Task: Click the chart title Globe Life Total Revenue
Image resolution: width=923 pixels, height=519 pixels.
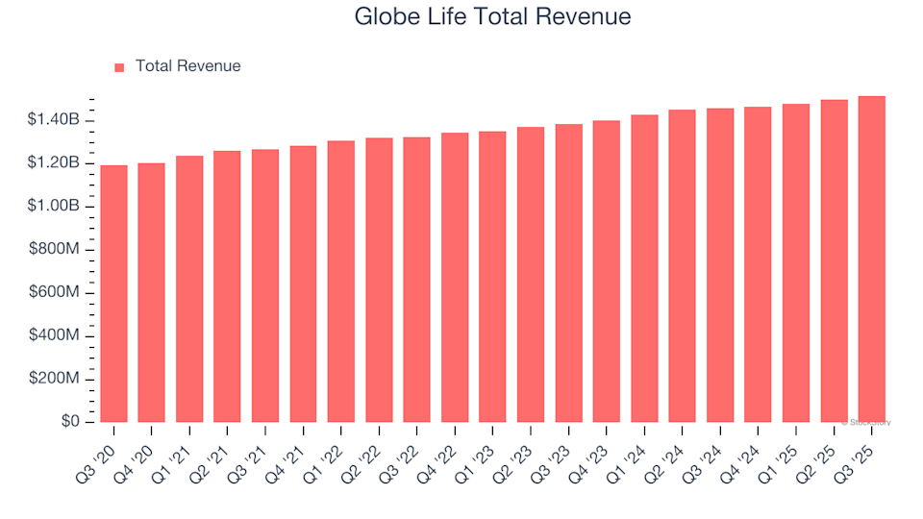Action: coord(492,16)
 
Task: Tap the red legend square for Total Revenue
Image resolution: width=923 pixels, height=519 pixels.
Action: coord(119,67)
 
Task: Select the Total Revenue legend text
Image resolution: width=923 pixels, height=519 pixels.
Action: coord(187,66)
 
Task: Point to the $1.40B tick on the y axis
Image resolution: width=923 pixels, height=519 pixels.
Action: coord(54,120)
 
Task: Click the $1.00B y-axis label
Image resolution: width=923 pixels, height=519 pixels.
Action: coord(54,207)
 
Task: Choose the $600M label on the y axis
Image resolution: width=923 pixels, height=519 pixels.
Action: coord(54,293)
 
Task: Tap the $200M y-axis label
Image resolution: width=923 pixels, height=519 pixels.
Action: coord(54,379)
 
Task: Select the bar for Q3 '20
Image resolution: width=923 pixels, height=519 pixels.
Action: coord(113,294)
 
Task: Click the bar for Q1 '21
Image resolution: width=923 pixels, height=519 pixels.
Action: coord(189,289)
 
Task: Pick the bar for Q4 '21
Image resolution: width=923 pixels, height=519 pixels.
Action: coord(303,284)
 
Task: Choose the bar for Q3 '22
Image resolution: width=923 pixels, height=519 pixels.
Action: coord(416,280)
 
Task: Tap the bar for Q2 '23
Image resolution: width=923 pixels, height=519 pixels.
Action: coord(531,275)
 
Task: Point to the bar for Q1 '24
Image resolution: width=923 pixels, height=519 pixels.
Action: coord(644,269)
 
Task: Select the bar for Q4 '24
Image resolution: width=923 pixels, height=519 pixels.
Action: coord(758,264)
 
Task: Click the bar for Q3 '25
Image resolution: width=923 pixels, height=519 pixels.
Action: coord(871,259)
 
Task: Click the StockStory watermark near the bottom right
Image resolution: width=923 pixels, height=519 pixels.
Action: coord(866,422)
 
